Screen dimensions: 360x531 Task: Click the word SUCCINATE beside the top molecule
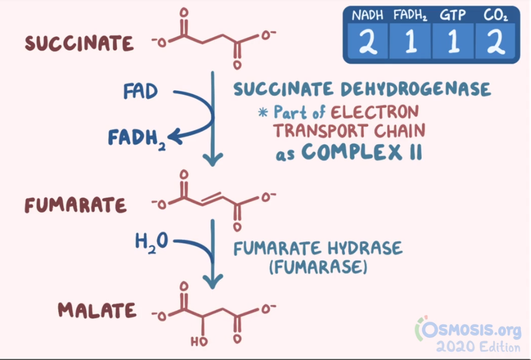(x=79, y=44)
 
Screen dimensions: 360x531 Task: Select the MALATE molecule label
(x=97, y=310)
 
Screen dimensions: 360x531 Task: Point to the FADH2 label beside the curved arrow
(x=136, y=136)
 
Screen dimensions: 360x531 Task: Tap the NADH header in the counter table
(x=367, y=16)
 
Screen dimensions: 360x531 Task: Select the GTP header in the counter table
(x=453, y=16)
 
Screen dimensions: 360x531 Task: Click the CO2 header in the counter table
(x=495, y=16)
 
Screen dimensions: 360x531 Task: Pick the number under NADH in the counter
(x=367, y=42)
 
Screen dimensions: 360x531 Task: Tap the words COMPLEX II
(x=361, y=151)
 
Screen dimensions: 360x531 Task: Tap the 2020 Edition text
(x=478, y=346)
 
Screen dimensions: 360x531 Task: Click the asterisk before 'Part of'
(x=263, y=112)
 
